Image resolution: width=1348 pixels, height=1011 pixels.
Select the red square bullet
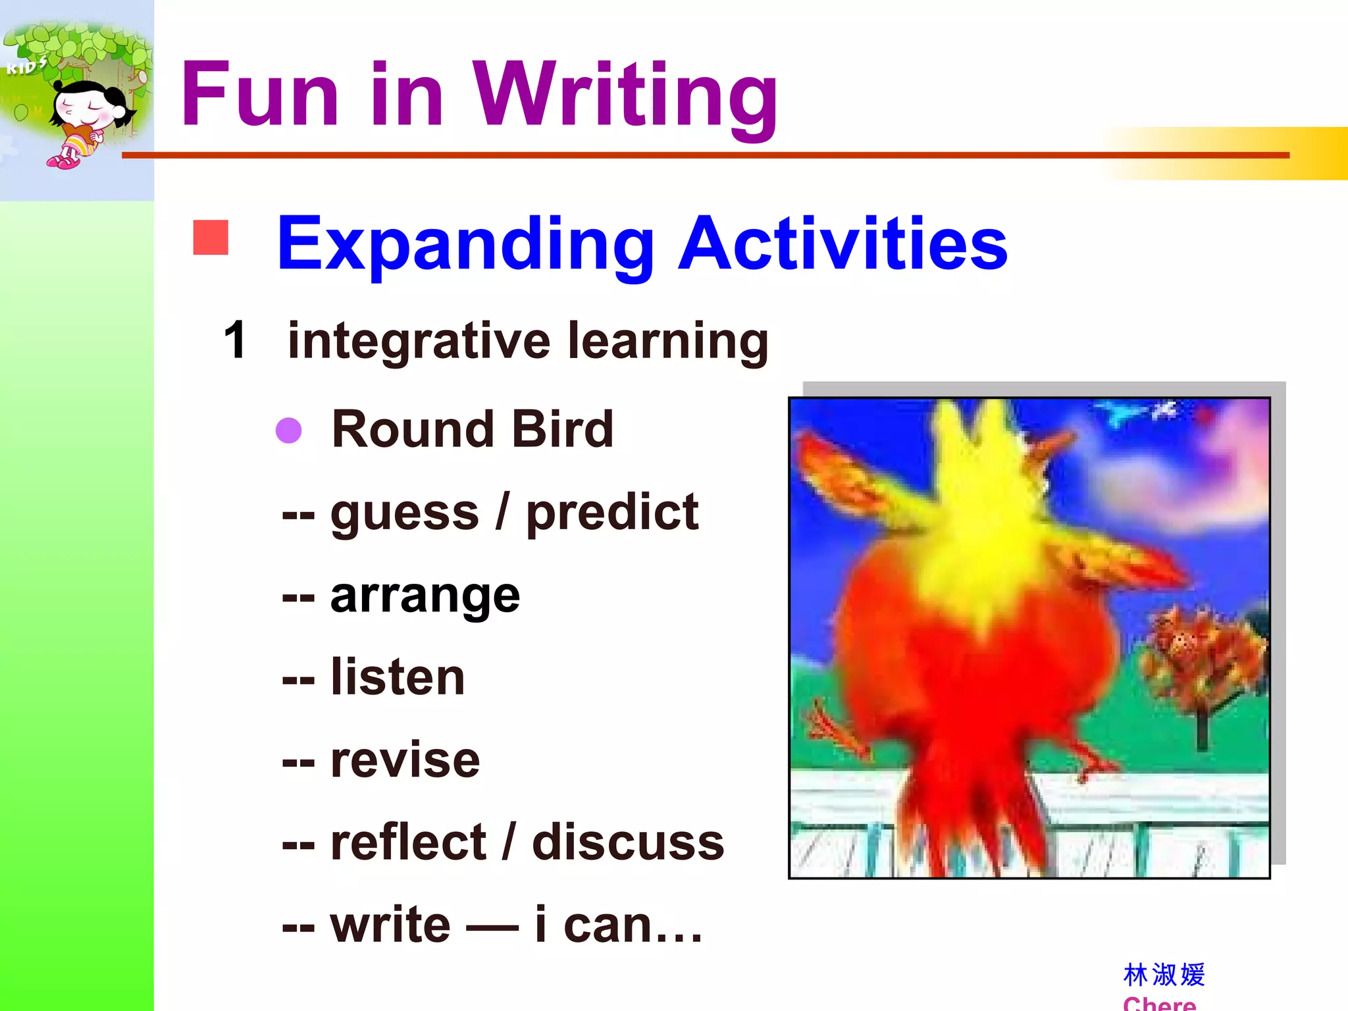[211, 237]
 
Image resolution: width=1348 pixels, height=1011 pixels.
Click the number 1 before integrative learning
[235, 340]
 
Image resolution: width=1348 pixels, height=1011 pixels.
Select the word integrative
[419, 342]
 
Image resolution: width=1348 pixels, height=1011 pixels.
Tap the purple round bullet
[288, 430]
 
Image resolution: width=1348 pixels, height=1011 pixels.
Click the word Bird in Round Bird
[562, 429]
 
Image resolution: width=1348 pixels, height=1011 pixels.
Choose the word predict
[612, 513]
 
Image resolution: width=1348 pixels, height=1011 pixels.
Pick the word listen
[398, 678]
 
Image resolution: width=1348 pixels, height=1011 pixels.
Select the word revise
[405, 760]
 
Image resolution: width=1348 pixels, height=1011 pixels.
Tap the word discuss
[628, 842]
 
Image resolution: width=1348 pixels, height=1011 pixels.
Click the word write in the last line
[390, 925]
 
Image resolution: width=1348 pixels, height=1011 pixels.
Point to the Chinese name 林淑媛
[1164, 975]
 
